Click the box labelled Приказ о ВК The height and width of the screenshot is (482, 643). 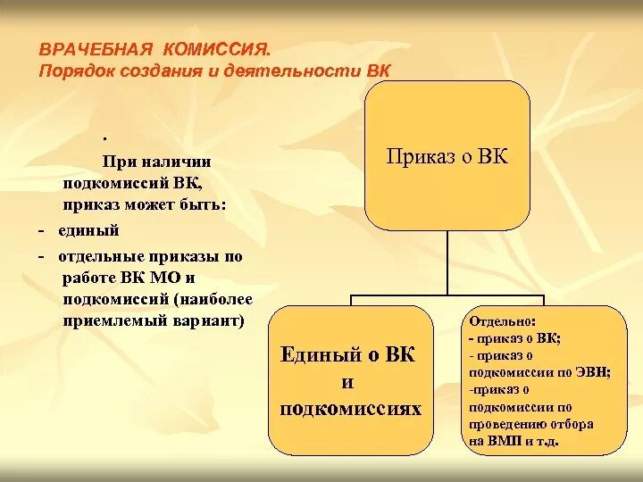pyautogui.click(x=447, y=157)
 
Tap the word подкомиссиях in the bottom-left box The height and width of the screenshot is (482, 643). pyautogui.click(x=349, y=409)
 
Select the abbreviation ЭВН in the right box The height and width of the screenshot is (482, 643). pyautogui.click(x=592, y=373)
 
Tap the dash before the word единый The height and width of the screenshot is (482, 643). pyautogui.click(x=42, y=231)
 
